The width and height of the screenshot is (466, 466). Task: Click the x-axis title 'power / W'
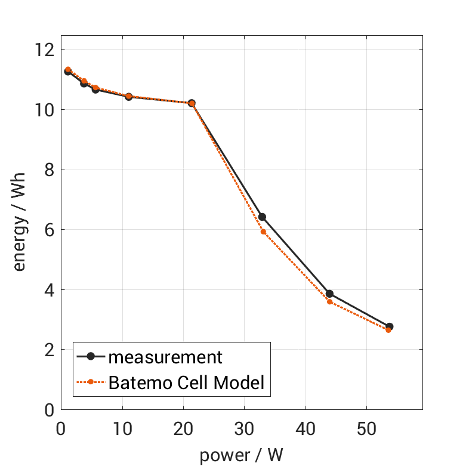(x=241, y=455)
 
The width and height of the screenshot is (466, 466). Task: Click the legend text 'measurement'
(x=165, y=357)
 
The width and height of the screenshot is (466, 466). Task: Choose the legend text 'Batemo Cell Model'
(x=186, y=382)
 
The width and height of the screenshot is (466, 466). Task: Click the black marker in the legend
(x=91, y=357)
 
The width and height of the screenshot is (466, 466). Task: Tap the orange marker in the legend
(x=91, y=382)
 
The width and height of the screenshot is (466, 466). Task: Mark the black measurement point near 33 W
(x=261, y=217)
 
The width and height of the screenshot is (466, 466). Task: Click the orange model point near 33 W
(x=263, y=232)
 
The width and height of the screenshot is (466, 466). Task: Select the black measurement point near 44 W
(x=329, y=294)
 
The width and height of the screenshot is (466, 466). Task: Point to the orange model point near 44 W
(x=329, y=302)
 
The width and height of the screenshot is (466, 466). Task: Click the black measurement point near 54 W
(x=390, y=326)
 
